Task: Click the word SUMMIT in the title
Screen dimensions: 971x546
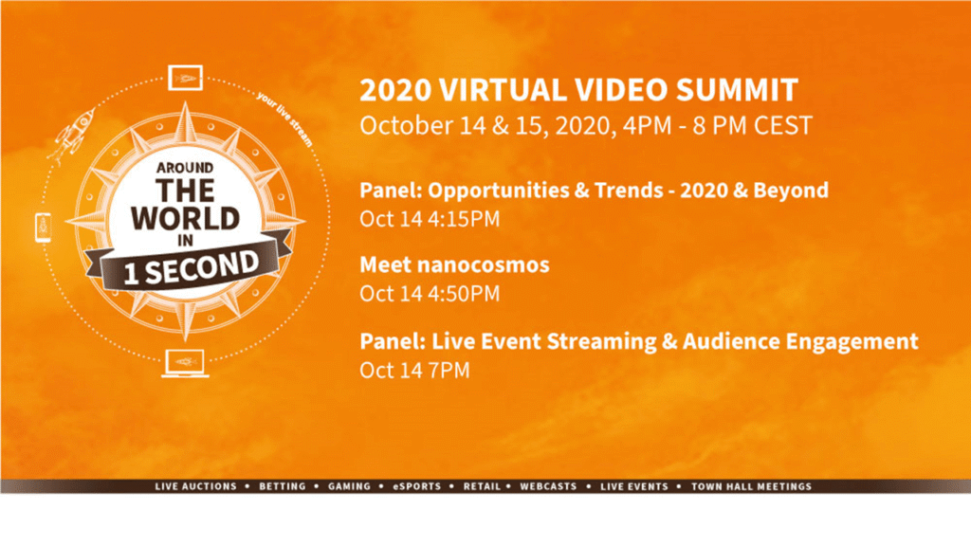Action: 736,90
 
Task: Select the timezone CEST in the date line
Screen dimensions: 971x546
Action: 782,126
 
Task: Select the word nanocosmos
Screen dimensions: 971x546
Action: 483,265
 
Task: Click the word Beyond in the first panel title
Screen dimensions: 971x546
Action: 791,191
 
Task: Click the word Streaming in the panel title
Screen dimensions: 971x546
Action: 599,341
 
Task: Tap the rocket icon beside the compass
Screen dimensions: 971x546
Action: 72,134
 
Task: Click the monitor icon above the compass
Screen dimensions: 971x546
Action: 185,78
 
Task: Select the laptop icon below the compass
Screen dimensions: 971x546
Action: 185,363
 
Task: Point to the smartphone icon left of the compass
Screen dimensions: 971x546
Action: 44,227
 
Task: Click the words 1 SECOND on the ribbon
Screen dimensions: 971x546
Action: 191,267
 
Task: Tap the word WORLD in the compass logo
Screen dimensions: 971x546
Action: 185,219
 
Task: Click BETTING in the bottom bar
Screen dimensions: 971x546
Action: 283,486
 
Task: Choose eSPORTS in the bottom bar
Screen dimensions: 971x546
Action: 417,486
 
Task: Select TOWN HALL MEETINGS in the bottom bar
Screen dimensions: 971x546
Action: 751,486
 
